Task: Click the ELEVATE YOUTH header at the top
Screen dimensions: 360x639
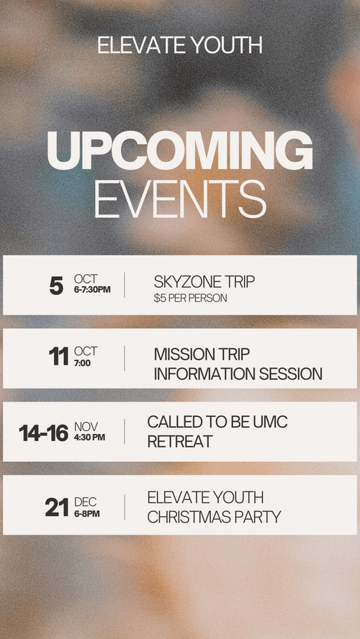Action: coord(180,45)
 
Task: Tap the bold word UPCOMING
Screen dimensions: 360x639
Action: coord(180,151)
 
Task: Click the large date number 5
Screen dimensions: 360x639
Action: coord(56,286)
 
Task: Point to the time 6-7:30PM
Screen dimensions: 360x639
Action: coord(92,290)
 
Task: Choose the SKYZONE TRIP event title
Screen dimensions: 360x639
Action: coord(204,282)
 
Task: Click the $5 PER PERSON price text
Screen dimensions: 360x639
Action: coord(190,299)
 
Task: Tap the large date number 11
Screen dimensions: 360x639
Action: coord(59,357)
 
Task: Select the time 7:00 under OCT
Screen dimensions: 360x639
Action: coord(82,363)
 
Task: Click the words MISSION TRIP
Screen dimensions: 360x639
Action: coord(202,355)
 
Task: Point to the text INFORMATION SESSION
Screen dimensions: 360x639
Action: coord(238,374)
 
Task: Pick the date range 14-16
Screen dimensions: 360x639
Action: coord(44,432)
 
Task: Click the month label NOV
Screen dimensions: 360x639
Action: coord(86,427)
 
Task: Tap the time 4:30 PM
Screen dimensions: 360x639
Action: coord(90,438)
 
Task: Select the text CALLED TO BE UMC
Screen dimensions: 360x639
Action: coord(217,422)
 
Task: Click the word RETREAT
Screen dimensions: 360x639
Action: coord(180,441)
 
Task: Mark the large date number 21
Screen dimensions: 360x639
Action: coord(57,508)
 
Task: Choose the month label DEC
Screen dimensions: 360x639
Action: coord(85,502)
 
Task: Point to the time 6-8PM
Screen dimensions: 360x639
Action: coord(87,514)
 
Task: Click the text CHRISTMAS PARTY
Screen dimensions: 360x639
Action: coord(214,517)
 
